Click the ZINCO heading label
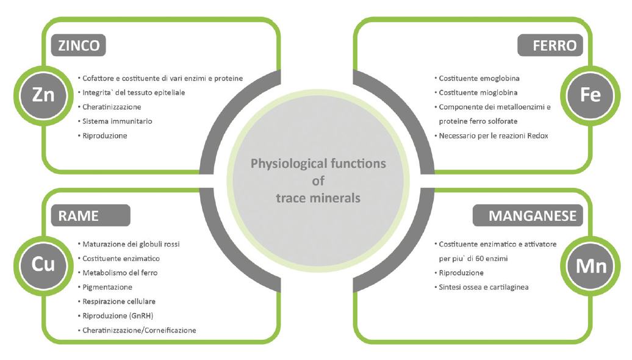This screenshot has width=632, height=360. [80, 45]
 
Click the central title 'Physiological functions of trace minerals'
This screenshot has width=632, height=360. [318, 181]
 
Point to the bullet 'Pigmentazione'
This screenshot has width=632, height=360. [107, 287]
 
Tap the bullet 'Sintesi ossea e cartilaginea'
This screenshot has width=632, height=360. [483, 287]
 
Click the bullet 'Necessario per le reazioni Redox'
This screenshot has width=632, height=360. [494, 135]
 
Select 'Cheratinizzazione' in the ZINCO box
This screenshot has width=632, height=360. [112, 107]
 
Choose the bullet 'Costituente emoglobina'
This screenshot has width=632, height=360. [479, 79]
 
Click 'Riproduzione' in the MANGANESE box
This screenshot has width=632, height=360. [461, 273]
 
